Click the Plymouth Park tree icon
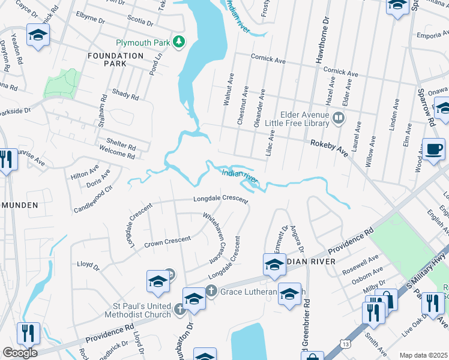tap(178, 42)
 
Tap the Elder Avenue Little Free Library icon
tap(339, 118)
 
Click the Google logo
tap(19, 352)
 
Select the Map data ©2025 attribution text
tap(423, 355)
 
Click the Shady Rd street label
tap(125, 96)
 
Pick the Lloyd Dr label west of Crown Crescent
tap(87, 263)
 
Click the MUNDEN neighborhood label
tap(22, 205)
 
